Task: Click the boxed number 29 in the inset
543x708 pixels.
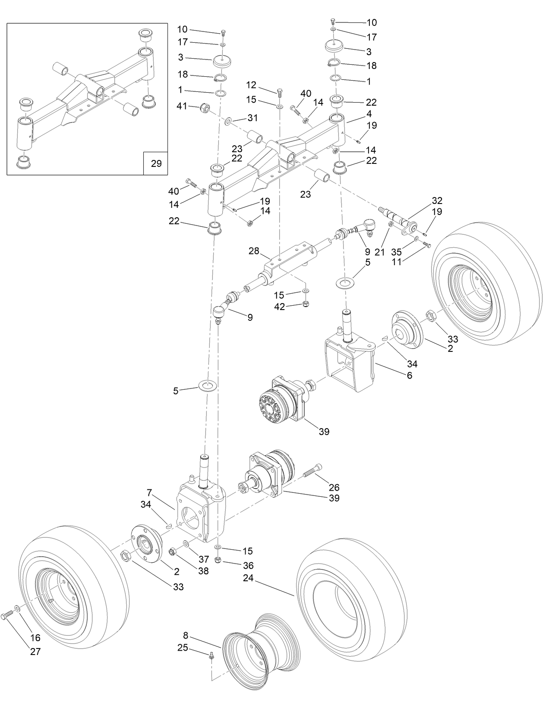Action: tap(156, 163)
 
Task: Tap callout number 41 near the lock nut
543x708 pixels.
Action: tap(182, 106)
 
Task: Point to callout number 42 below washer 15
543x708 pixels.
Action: tap(280, 307)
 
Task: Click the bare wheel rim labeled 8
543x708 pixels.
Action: tap(259, 649)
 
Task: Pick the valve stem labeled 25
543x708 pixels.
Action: tap(212, 656)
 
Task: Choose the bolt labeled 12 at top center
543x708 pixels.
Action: tap(280, 92)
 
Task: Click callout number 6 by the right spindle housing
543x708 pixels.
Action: tap(409, 375)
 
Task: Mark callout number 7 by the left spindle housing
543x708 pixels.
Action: tap(150, 492)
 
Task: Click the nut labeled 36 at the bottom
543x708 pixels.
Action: tap(218, 560)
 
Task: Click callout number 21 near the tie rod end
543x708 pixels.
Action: tap(379, 252)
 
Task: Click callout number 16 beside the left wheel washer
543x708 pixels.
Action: tap(35, 638)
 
